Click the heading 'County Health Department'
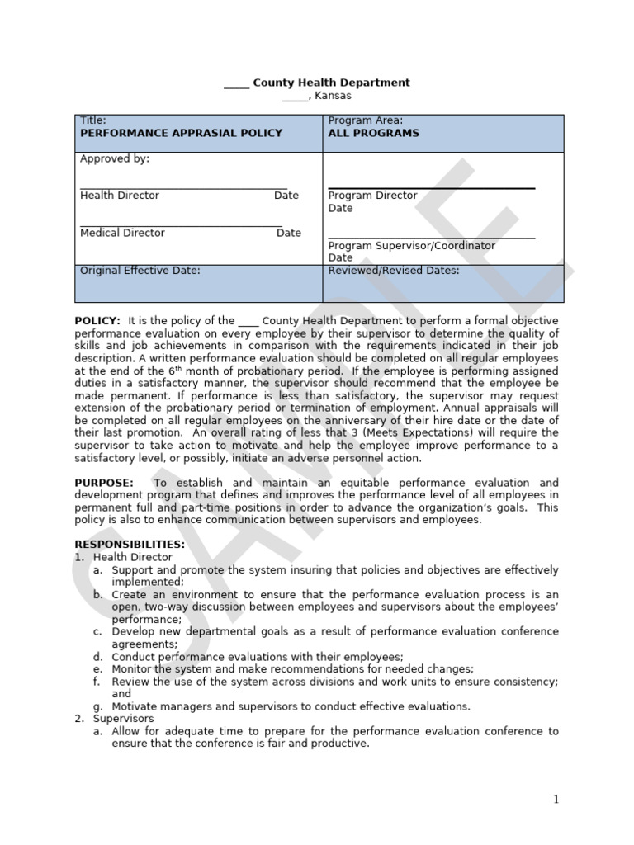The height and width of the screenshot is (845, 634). (330, 83)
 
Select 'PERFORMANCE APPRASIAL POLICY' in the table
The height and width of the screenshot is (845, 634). (181, 133)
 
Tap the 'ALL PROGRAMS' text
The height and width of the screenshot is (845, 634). (373, 133)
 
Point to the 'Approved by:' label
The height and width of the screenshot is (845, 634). (115, 158)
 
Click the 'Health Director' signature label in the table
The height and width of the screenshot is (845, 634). (120, 196)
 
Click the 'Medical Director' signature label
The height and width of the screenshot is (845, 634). (122, 233)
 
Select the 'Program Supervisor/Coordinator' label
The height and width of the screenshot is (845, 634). (412, 246)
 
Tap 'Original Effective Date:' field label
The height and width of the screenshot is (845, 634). (140, 270)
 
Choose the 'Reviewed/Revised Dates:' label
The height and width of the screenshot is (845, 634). (394, 270)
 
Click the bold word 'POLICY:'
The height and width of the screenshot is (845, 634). (97, 320)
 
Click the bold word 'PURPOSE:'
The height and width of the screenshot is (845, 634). (103, 483)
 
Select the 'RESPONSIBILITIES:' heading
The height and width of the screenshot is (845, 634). (130, 545)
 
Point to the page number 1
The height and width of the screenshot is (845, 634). (556, 799)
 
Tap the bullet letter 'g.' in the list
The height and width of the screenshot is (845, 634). (97, 706)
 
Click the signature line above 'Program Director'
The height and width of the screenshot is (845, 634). (431, 188)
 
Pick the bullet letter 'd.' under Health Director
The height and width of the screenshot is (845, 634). (97, 657)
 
